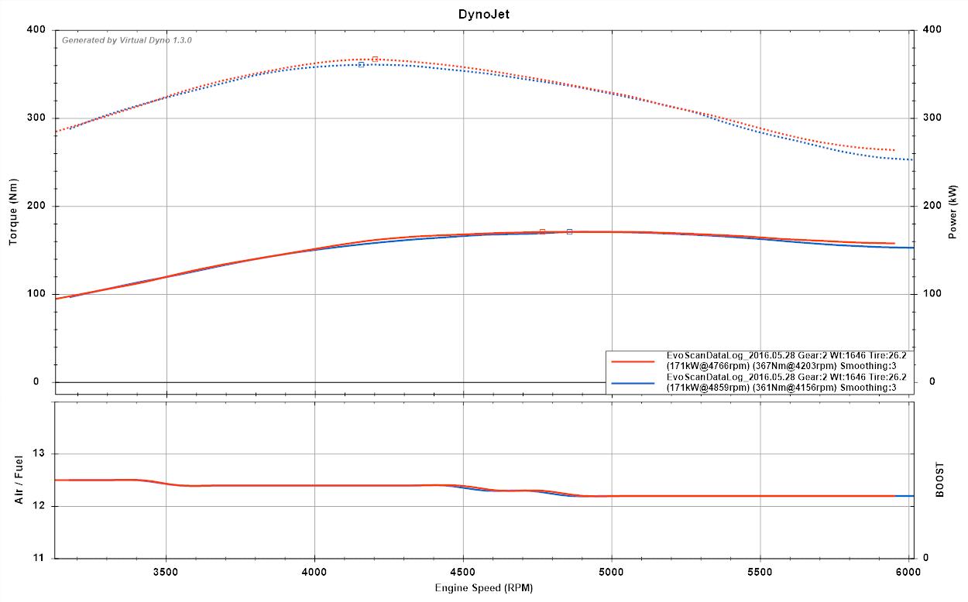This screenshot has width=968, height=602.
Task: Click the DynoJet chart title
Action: [x=483, y=14]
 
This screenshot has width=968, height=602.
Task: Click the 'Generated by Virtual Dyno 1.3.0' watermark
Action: [x=127, y=39]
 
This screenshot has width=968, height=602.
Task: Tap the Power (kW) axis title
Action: [x=953, y=211]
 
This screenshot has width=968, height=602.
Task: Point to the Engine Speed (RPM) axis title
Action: [x=483, y=587]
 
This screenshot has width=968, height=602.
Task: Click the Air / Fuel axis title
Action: [x=19, y=480]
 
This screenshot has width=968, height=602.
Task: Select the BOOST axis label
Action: [x=940, y=480]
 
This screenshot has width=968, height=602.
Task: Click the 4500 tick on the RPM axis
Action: [x=463, y=573]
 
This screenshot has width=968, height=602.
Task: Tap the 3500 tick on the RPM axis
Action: [x=166, y=573]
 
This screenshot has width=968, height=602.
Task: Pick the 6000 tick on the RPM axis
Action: [x=908, y=573]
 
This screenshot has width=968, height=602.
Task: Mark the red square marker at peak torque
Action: [x=375, y=59]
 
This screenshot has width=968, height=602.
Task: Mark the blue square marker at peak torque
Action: [x=361, y=65]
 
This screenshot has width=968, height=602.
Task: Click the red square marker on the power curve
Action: [x=542, y=231]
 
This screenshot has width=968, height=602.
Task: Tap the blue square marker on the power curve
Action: [x=569, y=231]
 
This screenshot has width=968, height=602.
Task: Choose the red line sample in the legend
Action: [x=633, y=361]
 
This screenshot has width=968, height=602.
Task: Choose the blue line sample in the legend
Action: [x=633, y=382]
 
